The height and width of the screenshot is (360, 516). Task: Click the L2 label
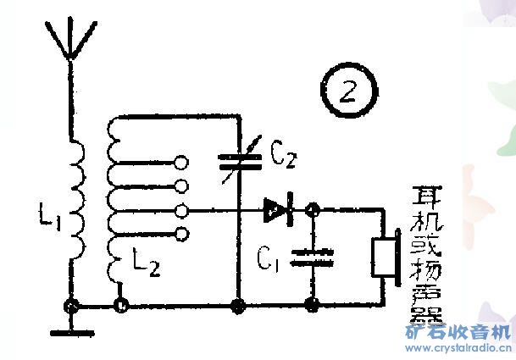[x=146, y=266]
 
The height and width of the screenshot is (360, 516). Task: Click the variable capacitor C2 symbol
[x=236, y=159]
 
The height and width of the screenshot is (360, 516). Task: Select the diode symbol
[x=277, y=208]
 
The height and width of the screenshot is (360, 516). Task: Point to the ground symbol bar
[x=71, y=331]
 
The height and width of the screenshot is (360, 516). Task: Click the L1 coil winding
[x=74, y=201]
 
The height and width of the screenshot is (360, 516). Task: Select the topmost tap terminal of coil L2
[x=180, y=161]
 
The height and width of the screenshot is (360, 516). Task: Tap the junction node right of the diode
[x=312, y=208]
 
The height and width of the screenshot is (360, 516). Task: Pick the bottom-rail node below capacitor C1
[x=312, y=302]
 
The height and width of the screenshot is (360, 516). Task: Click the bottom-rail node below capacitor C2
[x=237, y=302]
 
